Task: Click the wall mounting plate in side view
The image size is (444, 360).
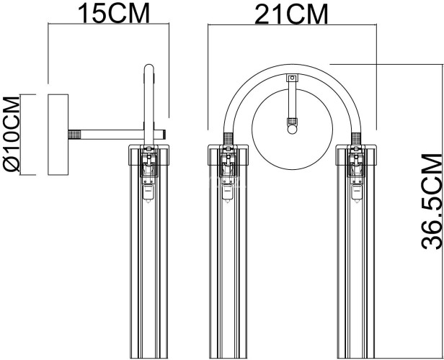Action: point(57,134)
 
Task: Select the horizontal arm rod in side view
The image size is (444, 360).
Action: point(115,134)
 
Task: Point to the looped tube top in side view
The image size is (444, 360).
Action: point(149,72)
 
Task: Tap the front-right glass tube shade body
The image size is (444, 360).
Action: point(356,274)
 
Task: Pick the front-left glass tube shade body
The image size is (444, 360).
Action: point(228,274)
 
